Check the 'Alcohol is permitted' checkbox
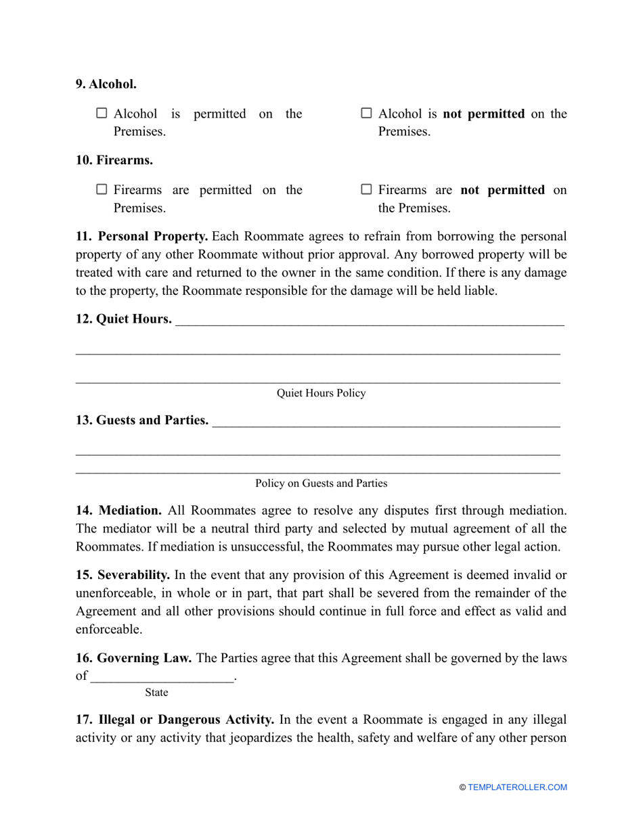[x=102, y=114]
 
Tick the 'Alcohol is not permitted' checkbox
[x=366, y=114]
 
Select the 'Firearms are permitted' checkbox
[x=102, y=190]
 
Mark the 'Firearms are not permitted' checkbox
[x=366, y=190]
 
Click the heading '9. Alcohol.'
[x=106, y=85]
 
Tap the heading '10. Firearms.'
[x=114, y=160]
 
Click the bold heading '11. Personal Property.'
[x=141, y=237]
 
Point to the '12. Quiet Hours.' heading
[x=123, y=319]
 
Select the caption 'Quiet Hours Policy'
[x=321, y=394]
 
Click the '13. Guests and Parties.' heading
[x=141, y=421]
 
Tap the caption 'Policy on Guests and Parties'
[x=321, y=484]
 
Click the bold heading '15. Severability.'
[x=123, y=576]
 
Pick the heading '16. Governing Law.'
[x=133, y=658]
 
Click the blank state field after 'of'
[x=162, y=676]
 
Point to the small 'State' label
[x=156, y=693]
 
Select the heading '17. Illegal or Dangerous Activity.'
[x=175, y=720]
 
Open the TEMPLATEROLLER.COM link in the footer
[x=517, y=787]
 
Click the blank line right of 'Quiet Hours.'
[x=369, y=321]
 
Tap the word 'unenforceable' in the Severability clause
[x=114, y=594]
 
